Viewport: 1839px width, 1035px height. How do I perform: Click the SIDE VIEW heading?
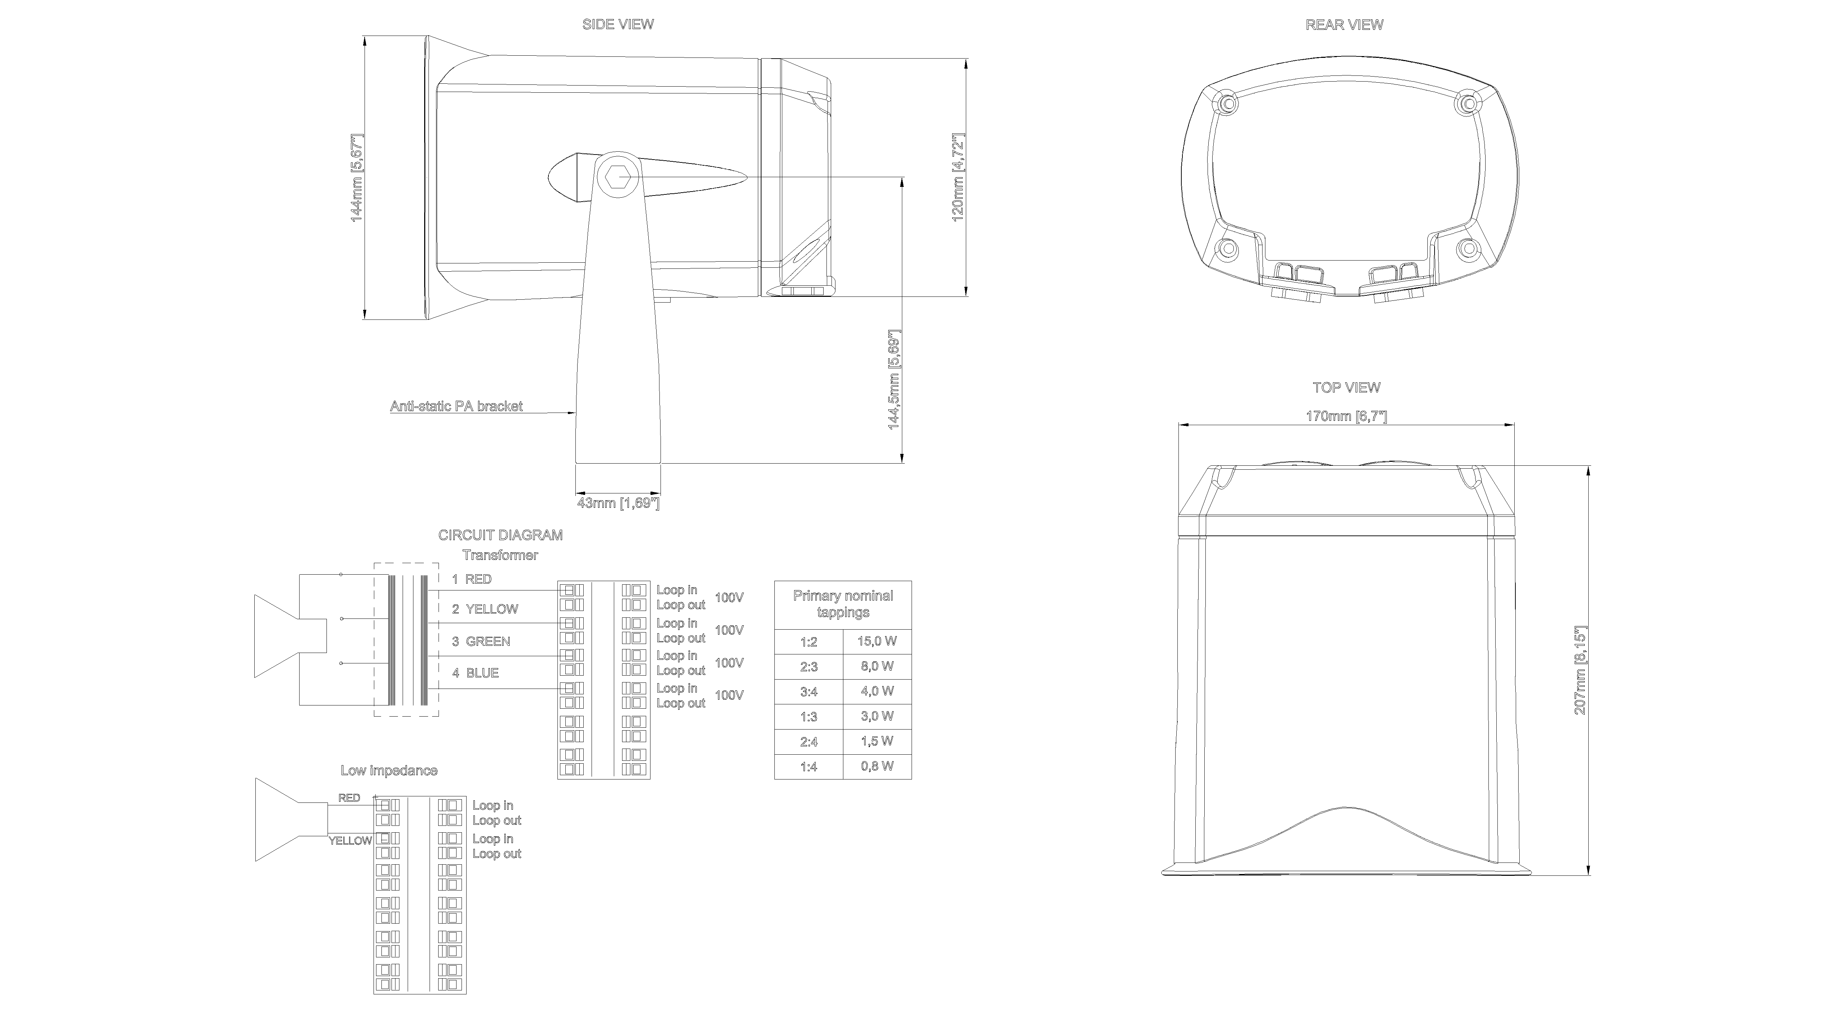click(x=617, y=24)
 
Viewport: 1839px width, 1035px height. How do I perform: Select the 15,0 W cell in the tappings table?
click(x=877, y=641)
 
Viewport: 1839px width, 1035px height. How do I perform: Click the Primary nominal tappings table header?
click(x=843, y=604)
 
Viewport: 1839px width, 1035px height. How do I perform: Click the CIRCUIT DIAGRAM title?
click(x=500, y=535)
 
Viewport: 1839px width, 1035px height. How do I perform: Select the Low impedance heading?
click(x=388, y=771)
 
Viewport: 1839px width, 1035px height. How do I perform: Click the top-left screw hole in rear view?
click(x=1227, y=103)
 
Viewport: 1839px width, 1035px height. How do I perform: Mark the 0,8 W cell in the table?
click(x=877, y=767)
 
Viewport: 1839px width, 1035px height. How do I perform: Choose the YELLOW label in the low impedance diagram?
click(x=350, y=841)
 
